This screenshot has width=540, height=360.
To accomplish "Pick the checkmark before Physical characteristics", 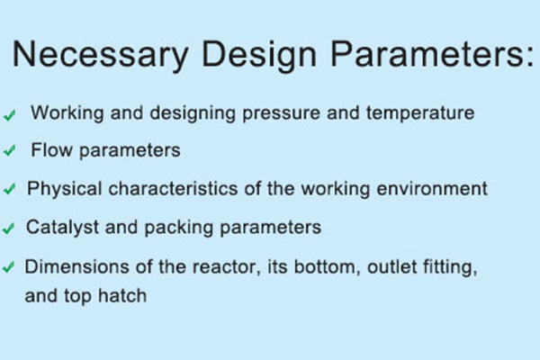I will pos(10,191).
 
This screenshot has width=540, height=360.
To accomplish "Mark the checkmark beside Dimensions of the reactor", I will pos(10,268).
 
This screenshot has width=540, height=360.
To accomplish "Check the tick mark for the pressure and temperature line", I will pos(10,116).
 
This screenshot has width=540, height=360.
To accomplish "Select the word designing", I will pos(208,115).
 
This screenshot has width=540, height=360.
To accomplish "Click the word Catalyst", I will pos(58,228).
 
